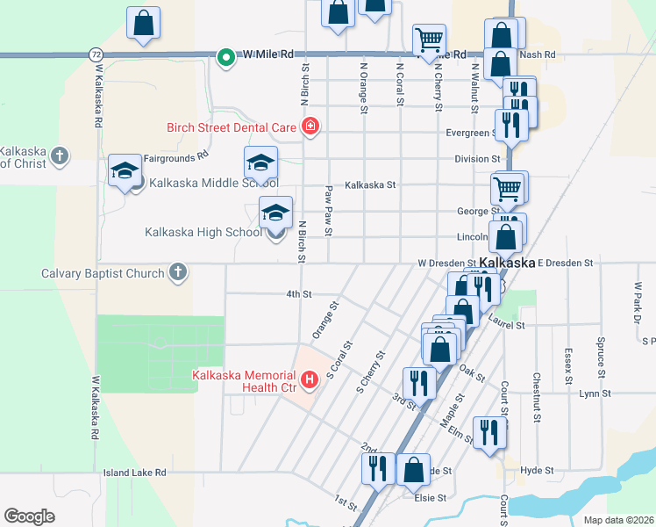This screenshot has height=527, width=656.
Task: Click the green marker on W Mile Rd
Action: pos(225,58)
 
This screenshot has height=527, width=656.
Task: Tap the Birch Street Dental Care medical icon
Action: pos(309,127)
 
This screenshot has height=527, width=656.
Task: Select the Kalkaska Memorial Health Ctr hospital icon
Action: pos(309,380)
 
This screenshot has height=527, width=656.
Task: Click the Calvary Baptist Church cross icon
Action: pos(178,272)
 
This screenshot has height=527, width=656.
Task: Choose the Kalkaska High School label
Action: pos(203,233)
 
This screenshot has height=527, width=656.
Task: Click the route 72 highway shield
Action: pos(95,54)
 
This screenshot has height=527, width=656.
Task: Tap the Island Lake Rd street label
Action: pos(134,473)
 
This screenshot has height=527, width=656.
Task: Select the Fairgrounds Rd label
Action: pos(176,155)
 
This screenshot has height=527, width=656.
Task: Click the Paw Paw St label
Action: pos(328,210)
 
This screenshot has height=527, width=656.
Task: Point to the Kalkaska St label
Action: pos(370,185)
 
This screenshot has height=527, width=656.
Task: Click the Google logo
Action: pos(29,516)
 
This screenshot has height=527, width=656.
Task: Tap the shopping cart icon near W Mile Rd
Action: pos(429,39)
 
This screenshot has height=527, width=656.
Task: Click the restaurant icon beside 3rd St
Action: pos(419,383)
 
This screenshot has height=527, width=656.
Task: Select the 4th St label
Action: pos(299,294)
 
